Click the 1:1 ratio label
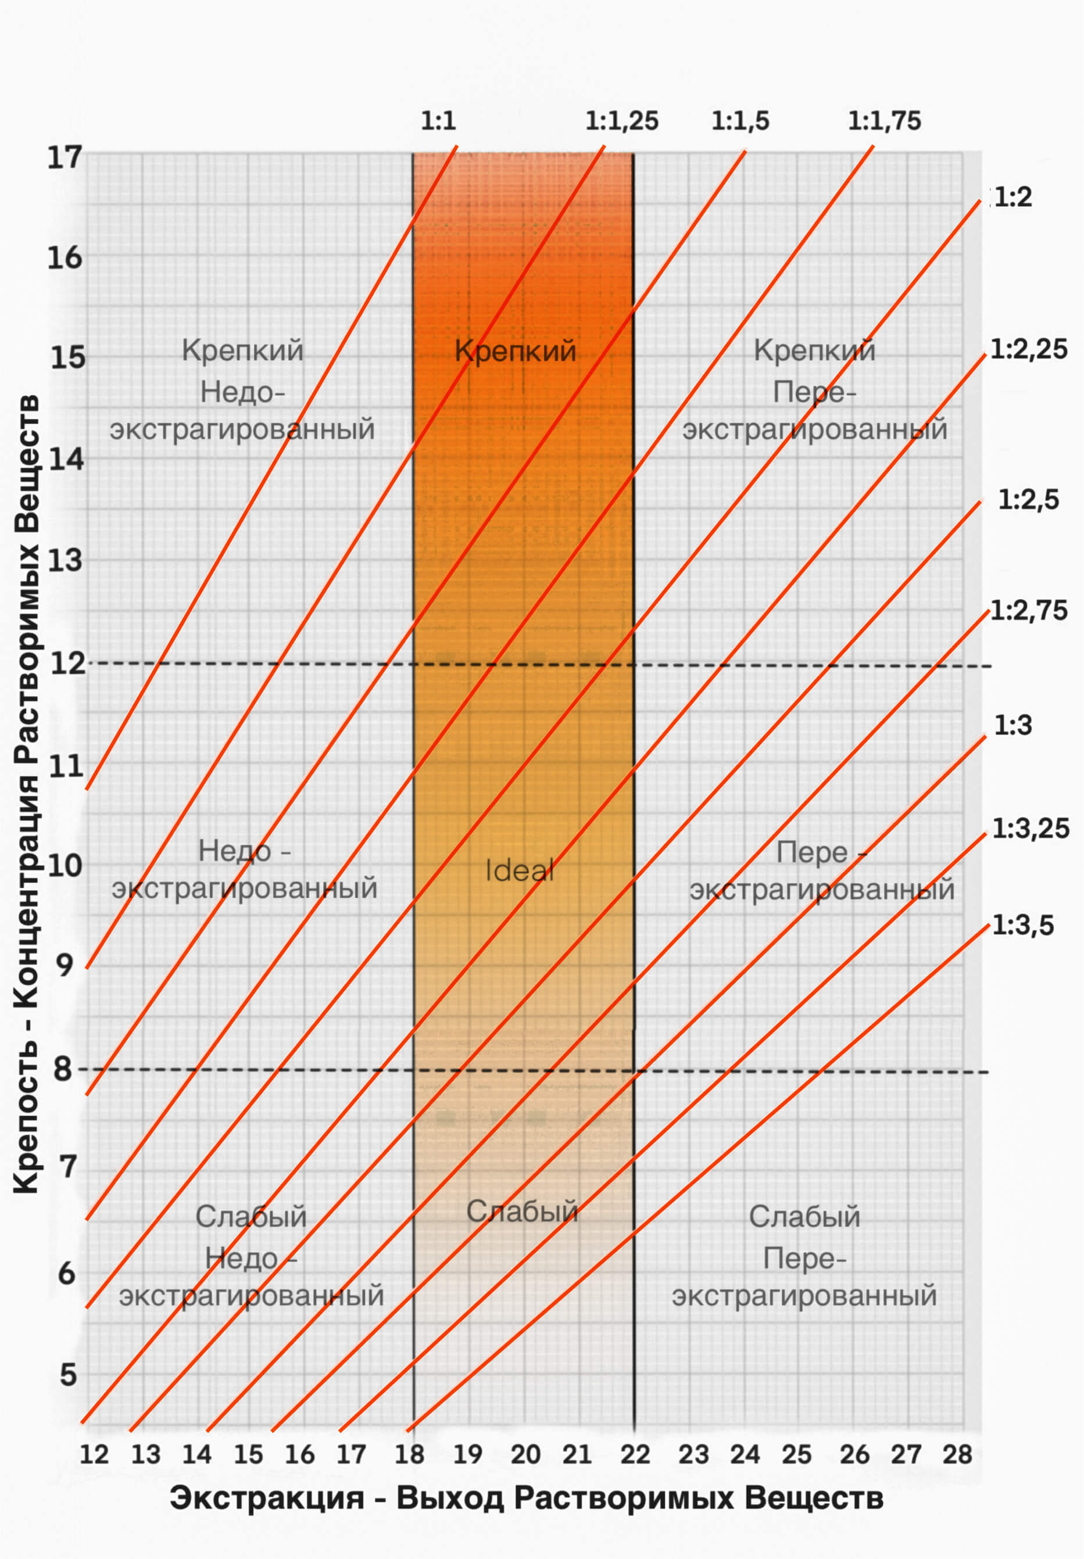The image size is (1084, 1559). (438, 121)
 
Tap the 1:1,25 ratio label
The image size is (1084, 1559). (621, 121)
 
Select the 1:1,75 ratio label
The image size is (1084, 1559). (884, 121)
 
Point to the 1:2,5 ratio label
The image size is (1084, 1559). (1028, 500)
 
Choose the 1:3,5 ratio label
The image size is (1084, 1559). (1023, 926)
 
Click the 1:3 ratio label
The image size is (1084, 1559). (1013, 725)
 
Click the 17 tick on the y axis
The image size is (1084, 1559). (64, 157)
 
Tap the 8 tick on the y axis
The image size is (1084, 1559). (63, 1069)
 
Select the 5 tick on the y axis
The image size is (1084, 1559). (68, 1374)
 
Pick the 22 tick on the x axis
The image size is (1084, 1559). (635, 1454)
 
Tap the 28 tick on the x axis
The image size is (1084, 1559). (957, 1454)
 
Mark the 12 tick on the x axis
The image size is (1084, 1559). (94, 1454)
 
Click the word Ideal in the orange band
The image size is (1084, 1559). (519, 870)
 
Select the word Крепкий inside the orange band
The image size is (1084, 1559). (515, 351)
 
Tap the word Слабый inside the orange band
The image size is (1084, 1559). (521, 1212)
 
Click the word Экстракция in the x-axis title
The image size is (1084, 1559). (267, 1498)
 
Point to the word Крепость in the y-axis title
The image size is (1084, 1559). (26, 1119)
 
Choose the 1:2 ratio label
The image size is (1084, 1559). (1013, 197)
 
